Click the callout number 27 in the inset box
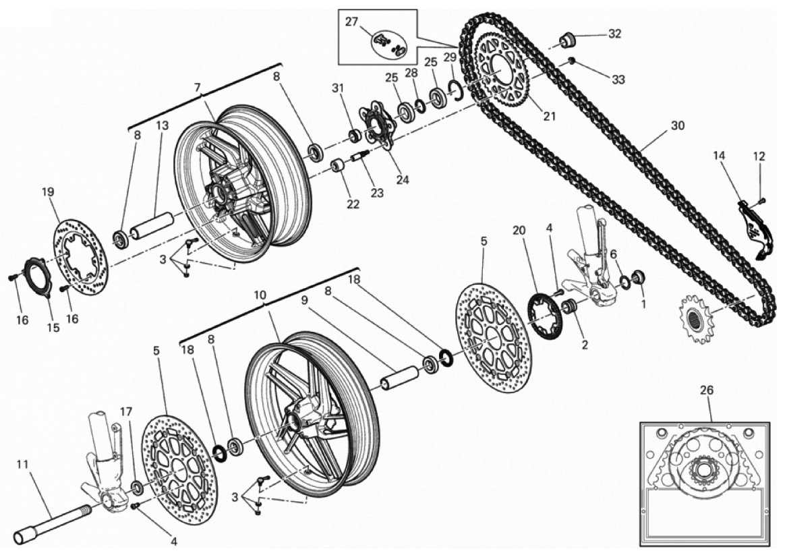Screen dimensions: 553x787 pos(351,22)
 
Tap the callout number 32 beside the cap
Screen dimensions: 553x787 pos(614,33)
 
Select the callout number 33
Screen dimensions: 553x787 pos(618,79)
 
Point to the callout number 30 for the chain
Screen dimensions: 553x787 pos(677,125)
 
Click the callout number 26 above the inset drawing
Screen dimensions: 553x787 pos(706,390)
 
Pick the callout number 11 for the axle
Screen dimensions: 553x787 pos(22,464)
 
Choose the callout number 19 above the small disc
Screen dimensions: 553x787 pos(47,192)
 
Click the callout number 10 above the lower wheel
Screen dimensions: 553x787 pos(260,295)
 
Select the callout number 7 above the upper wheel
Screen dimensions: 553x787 pos(197,88)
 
